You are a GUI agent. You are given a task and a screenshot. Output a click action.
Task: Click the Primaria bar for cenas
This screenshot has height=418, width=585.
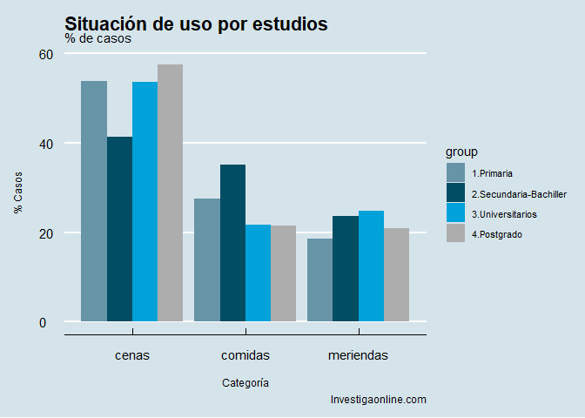click(x=94, y=201)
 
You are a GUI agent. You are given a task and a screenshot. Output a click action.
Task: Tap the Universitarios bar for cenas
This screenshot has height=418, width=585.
click(x=145, y=202)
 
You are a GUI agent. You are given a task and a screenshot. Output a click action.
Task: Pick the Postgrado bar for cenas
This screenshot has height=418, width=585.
click(x=170, y=193)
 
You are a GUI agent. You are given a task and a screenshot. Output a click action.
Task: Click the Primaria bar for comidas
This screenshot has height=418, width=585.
click(x=207, y=260)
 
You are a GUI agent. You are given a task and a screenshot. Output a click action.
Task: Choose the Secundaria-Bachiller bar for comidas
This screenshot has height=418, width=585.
click(x=232, y=243)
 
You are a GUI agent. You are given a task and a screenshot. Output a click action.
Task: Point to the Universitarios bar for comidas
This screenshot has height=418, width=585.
click(x=258, y=273)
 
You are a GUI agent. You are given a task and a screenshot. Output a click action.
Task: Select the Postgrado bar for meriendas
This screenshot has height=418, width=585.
click(x=396, y=274)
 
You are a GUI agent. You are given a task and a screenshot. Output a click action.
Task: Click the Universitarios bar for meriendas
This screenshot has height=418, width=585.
click(x=371, y=266)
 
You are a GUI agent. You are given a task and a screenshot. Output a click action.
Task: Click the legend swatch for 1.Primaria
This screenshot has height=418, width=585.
click(x=456, y=172)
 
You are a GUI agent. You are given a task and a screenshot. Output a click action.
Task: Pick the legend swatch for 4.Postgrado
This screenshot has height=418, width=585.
click(x=456, y=233)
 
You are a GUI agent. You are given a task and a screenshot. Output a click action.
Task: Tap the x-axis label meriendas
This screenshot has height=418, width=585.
click(x=358, y=355)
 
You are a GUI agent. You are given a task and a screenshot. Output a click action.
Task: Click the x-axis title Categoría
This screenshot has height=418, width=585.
click(x=245, y=382)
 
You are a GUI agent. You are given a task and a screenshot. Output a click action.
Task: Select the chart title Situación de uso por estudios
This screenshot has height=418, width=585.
click(x=196, y=24)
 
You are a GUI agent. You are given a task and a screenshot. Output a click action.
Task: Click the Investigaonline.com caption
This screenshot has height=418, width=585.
click(x=378, y=400)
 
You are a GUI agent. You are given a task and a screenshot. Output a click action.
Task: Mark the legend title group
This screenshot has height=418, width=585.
click(x=461, y=152)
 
